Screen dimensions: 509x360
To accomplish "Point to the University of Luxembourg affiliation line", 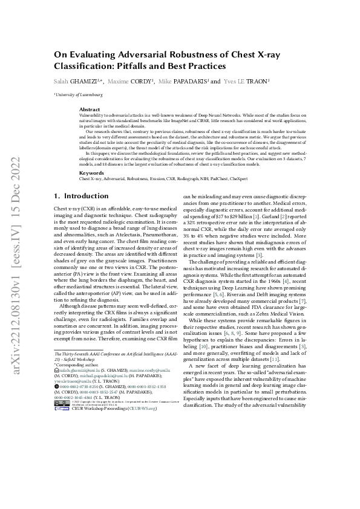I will tap(79, 95).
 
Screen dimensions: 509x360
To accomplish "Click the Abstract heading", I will tap(90, 109).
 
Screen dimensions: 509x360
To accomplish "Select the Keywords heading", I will tap(92, 173).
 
